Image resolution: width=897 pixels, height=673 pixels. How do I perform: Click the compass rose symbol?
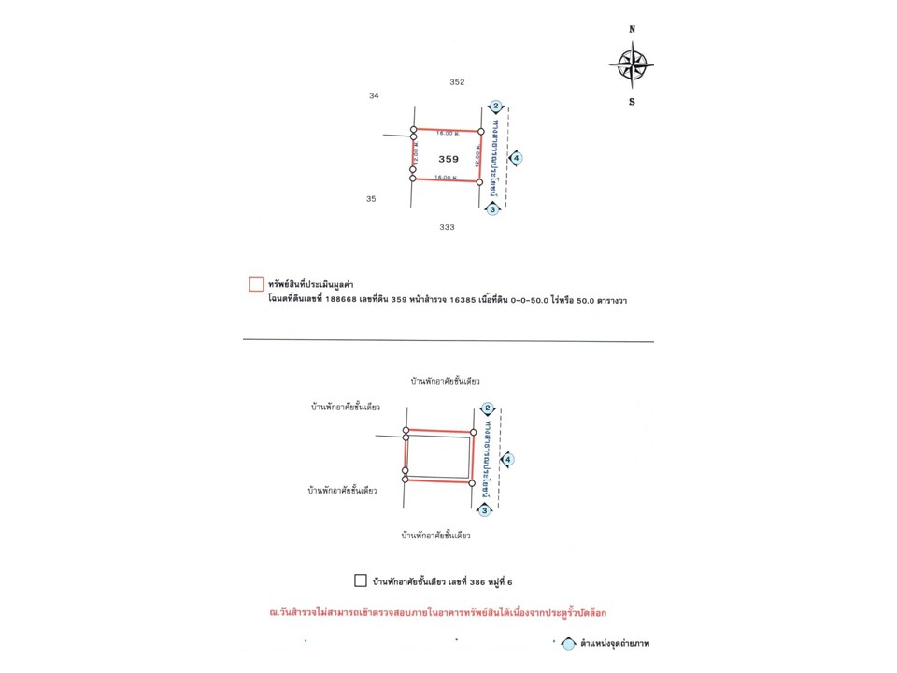coord(632,64)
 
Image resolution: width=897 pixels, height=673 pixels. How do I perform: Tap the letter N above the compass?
coord(633,29)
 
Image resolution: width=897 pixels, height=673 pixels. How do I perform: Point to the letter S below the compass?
coord(632,102)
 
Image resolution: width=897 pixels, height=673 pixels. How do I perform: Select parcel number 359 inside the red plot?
coord(448,159)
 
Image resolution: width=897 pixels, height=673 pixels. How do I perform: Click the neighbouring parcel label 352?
coord(457,82)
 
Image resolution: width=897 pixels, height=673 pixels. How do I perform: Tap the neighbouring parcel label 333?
coord(447,227)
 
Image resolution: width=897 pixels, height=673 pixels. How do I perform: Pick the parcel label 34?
coord(375,95)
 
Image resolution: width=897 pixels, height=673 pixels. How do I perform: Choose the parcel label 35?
coord(371,199)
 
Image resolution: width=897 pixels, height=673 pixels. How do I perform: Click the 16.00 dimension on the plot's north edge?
coord(447,134)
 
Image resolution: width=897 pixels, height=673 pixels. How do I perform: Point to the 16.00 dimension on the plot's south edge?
coord(447,177)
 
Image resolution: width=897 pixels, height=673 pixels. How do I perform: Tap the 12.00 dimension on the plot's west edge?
coord(415,155)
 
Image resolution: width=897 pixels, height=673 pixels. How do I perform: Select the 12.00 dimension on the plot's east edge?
coord(476,156)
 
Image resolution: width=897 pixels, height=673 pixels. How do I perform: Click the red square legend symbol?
coord(255,283)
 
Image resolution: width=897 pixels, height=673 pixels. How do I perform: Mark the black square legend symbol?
coord(361,580)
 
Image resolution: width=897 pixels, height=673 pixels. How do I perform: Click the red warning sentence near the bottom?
coord(437,613)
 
